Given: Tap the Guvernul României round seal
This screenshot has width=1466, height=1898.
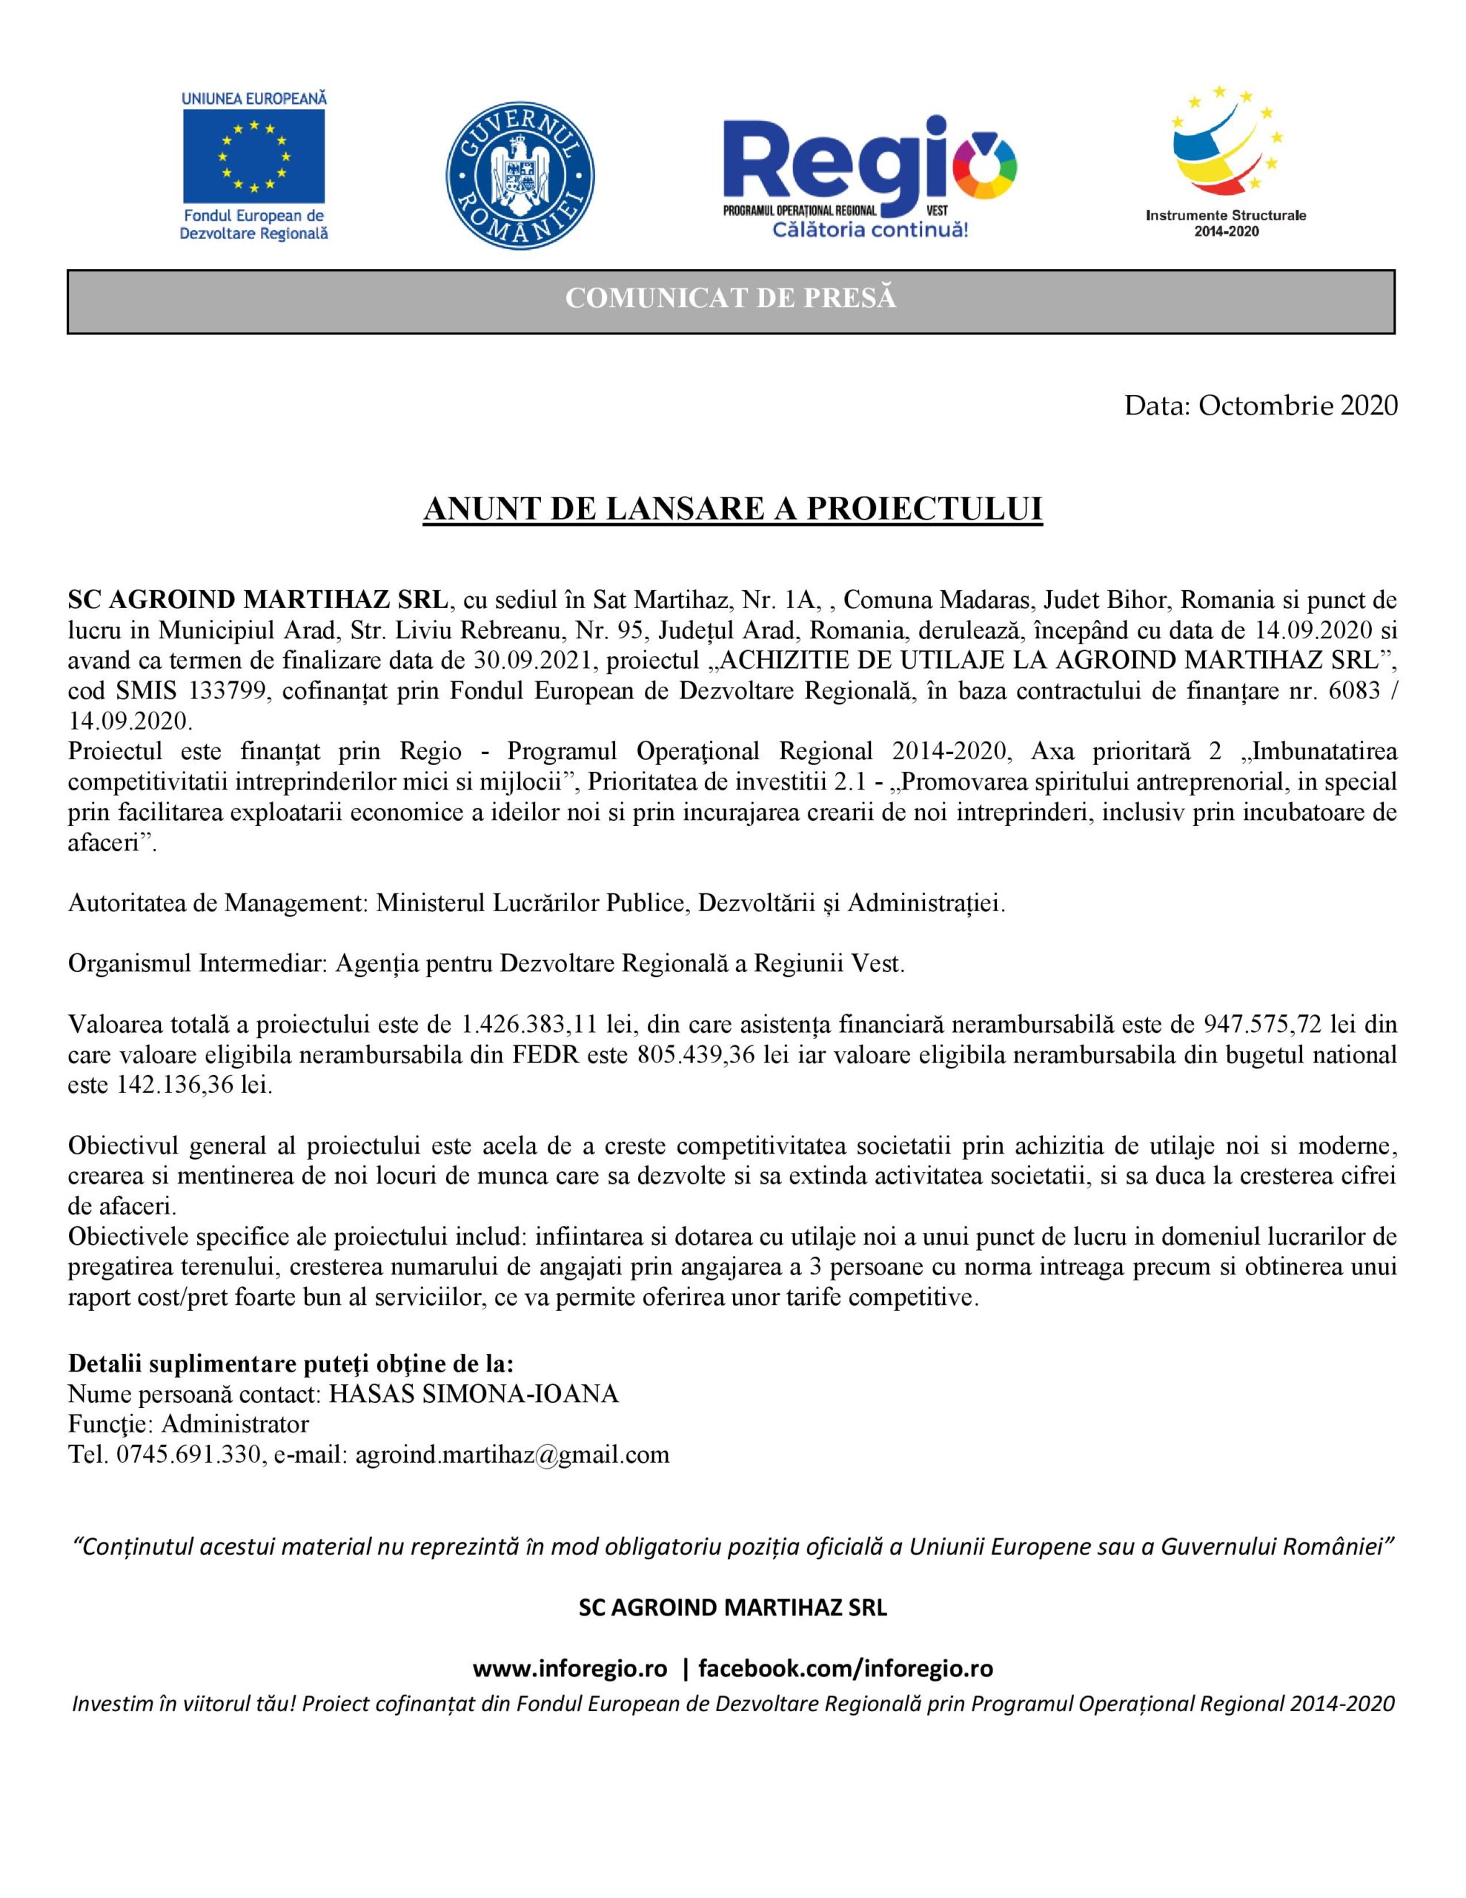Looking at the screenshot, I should (x=520, y=165).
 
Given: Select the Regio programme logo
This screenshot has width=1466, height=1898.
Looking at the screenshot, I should (x=869, y=173).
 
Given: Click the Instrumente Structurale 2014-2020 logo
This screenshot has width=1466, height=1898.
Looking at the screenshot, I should (x=1225, y=161).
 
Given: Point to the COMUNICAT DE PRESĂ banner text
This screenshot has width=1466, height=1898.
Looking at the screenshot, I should (x=731, y=298).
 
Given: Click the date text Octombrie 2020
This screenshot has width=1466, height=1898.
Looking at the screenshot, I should (x=1298, y=405).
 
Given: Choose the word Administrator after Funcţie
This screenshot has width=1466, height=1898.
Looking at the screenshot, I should (x=235, y=1424).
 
